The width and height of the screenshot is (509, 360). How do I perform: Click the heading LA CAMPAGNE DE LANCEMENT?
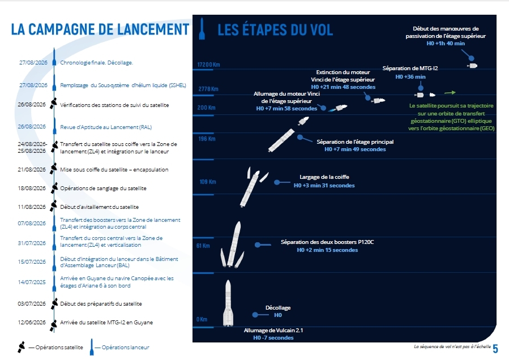pyautogui.click(x=100, y=29)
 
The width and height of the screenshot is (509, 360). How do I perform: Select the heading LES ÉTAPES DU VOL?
pyautogui.click(x=275, y=30)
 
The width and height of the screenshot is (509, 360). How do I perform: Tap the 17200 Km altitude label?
pyautogui.click(x=208, y=65)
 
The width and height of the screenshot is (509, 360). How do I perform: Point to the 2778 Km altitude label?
pyautogui.click(x=208, y=89)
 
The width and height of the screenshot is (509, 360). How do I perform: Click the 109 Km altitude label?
pyautogui.click(x=208, y=182)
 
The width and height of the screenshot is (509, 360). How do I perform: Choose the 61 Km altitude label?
pyautogui.click(x=203, y=246)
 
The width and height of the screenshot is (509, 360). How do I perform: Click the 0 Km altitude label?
pyautogui.click(x=202, y=319)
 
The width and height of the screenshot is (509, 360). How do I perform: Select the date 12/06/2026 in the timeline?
pyautogui.click(x=32, y=322)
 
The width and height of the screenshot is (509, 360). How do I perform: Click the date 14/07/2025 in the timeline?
pyautogui.click(x=32, y=282)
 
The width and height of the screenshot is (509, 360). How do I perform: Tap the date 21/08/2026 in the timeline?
pyautogui.click(x=32, y=169)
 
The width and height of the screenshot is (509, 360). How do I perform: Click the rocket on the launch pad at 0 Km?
pyautogui.click(x=228, y=303)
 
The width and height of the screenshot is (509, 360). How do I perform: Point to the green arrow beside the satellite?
pyautogui.click(x=450, y=93)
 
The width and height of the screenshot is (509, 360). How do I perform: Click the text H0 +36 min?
pyautogui.click(x=410, y=77)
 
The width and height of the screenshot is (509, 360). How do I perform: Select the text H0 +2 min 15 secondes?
pyautogui.click(x=327, y=250)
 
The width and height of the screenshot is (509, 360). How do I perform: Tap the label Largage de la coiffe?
pyautogui.click(x=324, y=177)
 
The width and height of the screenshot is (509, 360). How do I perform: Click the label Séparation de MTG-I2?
pyautogui.click(x=410, y=68)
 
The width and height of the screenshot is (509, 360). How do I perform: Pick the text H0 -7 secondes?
pyautogui.click(x=273, y=337)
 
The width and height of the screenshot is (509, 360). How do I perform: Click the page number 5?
pyautogui.click(x=495, y=349)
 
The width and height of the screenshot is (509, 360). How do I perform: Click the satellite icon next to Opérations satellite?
pyautogui.click(x=21, y=347)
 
